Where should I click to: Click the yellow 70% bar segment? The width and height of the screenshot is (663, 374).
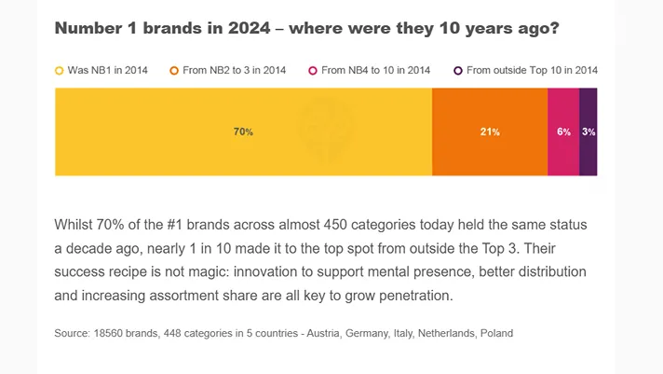(x=243, y=132)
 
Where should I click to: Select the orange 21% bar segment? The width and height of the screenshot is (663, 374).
(x=490, y=132)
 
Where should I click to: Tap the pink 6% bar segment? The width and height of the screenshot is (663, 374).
(x=563, y=132)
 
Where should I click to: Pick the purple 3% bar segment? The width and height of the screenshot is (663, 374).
(x=589, y=132)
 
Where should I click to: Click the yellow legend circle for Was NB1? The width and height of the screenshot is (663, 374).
(x=60, y=70)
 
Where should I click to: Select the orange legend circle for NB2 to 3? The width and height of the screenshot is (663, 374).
(x=173, y=70)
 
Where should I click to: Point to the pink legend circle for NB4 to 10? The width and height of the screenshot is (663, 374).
(x=313, y=70)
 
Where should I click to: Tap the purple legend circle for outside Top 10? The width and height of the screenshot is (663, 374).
(x=457, y=70)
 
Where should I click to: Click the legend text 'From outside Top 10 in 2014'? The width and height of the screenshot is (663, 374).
(x=532, y=70)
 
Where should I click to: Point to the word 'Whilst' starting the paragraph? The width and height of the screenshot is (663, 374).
(x=76, y=226)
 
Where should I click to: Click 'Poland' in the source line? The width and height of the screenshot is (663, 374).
(x=496, y=333)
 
